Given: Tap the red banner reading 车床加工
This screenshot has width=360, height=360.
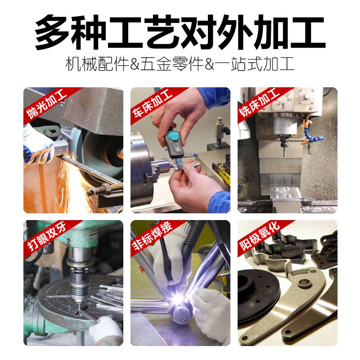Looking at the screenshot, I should [152, 103].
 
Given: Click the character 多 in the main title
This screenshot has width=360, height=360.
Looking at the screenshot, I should [54, 32].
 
